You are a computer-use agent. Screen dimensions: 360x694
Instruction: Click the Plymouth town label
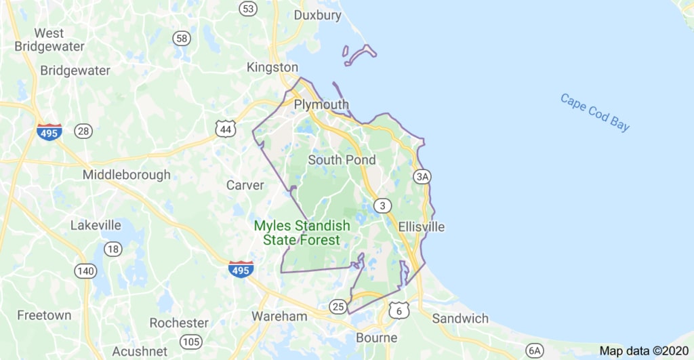pos(321,105)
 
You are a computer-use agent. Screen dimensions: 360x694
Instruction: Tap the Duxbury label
pos(318,15)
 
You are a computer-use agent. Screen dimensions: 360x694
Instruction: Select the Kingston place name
pos(272,67)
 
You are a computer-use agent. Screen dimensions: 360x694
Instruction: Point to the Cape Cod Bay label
pos(595,112)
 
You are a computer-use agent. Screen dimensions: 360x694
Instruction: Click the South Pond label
pos(342,160)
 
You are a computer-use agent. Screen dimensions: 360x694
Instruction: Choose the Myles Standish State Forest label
pos(302,233)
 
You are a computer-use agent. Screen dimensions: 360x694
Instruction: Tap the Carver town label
pos(245,185)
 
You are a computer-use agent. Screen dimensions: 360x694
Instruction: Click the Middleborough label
pos(127,175)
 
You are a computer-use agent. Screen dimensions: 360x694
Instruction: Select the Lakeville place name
pos(96,225)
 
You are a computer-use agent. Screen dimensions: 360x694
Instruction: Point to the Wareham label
pos(279,316)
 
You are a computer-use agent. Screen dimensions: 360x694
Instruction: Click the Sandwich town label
pos(460,318)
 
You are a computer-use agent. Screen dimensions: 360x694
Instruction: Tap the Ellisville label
pos(422,226)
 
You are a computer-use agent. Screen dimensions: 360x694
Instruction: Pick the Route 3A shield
pos(422,177)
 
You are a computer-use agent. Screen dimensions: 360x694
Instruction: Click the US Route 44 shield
pos(226,128)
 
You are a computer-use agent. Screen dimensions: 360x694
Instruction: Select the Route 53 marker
pos(249,8)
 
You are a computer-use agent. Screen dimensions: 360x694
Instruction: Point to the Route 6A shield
pos(535,350)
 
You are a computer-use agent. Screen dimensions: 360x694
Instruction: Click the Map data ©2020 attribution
pos(644,351)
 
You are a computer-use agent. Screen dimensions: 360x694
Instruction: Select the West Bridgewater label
pos(49,40)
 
